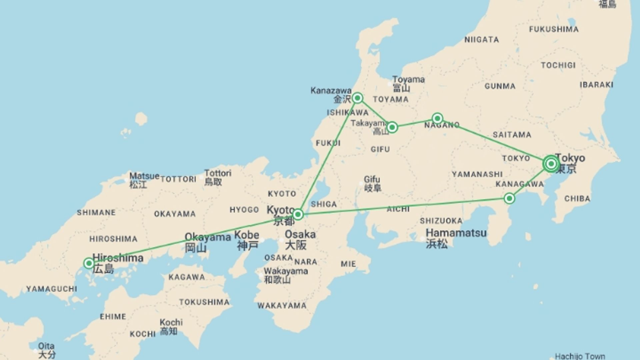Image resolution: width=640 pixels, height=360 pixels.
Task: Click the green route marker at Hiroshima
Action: tap(89, 263)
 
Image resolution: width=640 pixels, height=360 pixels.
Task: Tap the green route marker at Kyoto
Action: tap(298, 214)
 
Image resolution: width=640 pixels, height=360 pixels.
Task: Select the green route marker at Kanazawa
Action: tap(358, 98)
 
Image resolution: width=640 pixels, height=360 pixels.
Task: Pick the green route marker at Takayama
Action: tap(392, 127)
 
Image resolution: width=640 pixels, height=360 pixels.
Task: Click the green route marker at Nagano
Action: tap(437, 118)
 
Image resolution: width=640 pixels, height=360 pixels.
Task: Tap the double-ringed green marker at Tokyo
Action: tap(551, 164)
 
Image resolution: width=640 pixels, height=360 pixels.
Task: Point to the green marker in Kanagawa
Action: tap(509, 199)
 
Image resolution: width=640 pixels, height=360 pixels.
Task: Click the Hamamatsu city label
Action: tap(456, 233)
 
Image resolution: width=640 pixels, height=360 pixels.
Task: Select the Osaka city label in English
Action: tap(300, 234)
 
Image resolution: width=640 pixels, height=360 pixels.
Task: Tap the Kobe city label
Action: tap(247, 235)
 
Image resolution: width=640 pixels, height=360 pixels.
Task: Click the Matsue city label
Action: tap(144, 176)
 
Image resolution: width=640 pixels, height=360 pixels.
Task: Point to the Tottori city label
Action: tap(218, 173)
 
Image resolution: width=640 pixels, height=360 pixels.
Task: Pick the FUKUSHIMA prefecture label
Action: tap(554, 29)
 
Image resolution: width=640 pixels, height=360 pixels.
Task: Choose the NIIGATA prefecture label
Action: tap(482, 40)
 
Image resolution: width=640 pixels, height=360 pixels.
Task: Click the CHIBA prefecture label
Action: tap(577, 199)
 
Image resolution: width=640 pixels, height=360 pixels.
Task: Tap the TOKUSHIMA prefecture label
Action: tap(204, 302)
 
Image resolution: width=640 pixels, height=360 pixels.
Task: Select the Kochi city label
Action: tap(171, 322)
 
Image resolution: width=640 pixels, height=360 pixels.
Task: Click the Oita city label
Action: tap(46, 346)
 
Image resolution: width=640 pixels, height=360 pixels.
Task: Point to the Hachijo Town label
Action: tap(580, 356)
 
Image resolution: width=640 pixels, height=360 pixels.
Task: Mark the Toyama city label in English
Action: tap(408, 80)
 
